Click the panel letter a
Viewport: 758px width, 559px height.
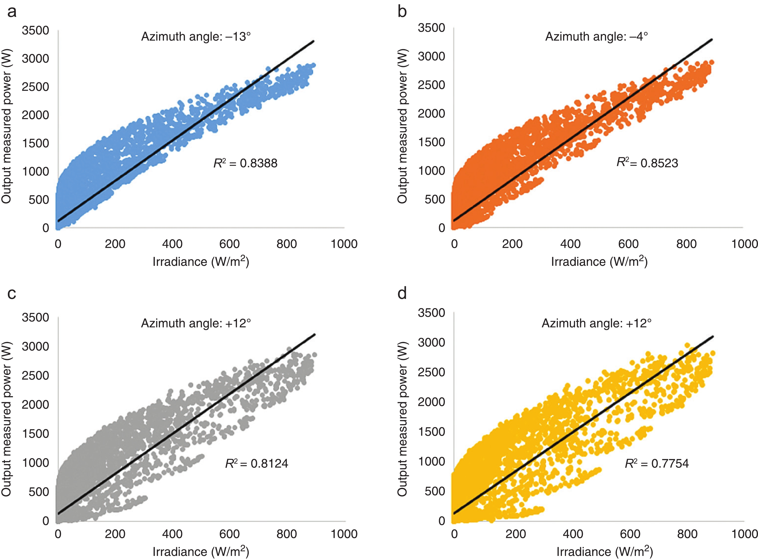pyautogui.click(x=12, y=12)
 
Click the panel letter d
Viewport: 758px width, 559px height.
pyautogui.click(x=402, y=293)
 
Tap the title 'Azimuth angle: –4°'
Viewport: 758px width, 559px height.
pyautogui.click(x=597, y=36)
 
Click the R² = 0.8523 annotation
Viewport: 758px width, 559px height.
pyautogui.click(x=647, y=163)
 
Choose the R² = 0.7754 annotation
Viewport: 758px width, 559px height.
pyautogui.click(x=657, y=463)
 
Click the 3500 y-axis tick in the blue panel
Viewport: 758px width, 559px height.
pyautogui.click(x=35, y=30)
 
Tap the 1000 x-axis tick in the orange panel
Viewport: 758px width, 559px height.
pyautogui.click(x=744, y=244)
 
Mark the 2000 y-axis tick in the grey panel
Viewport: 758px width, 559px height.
pyautogui.click(x=35, y=404)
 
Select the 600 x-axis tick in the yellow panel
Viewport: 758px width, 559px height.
pyautogui.click(x=630, y=534)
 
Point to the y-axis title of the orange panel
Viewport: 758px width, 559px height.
pyautogui.click(x=402, y=126)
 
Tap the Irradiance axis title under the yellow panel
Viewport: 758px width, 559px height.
pyautogui.click(x=605, y=552)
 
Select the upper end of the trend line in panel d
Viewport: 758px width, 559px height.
pyautogui.click(x=713, y=336)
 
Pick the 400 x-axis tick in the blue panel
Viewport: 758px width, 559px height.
pyautogui.click(x=172, y=244)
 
